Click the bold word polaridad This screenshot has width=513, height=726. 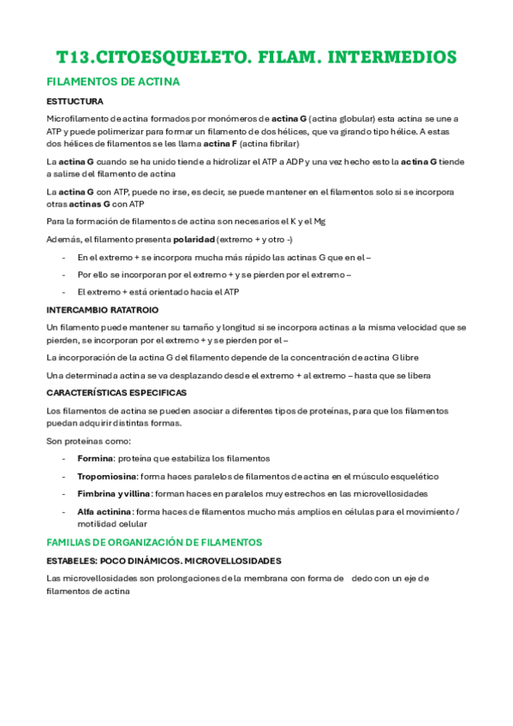pyautogui.click(x=189, y=239)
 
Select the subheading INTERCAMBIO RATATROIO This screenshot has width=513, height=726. pyautogui.click(x=102, y=309)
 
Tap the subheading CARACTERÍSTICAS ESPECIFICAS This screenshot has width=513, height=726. pyautogui.click(x=116, y=392)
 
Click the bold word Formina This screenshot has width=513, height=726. pyautogui.click(x=94, y=458)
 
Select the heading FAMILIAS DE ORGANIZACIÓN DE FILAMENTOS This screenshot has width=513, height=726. pyautogui.click(x=154, y=542)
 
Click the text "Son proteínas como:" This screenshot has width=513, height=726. pyautogui.click(x=88, y=441)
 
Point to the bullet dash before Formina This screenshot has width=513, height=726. pyautogui.click(x=64, y=458)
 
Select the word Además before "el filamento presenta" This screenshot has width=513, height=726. pyautogui.click(x=61, y=239)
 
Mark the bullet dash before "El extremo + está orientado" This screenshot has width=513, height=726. pyautogui.click(x=64, y=292)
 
